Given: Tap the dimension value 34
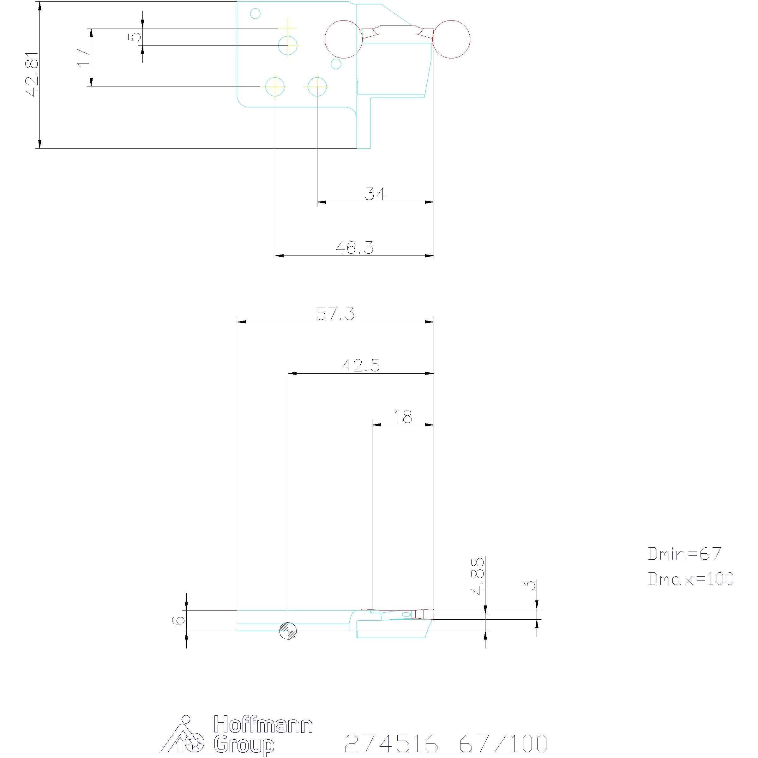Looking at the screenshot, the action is [376, 194].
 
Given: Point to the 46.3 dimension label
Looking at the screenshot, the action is [355, 248].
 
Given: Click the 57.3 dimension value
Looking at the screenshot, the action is [335, 314].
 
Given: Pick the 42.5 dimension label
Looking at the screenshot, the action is [361, 366].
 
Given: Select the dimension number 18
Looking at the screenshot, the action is [403, 417].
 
